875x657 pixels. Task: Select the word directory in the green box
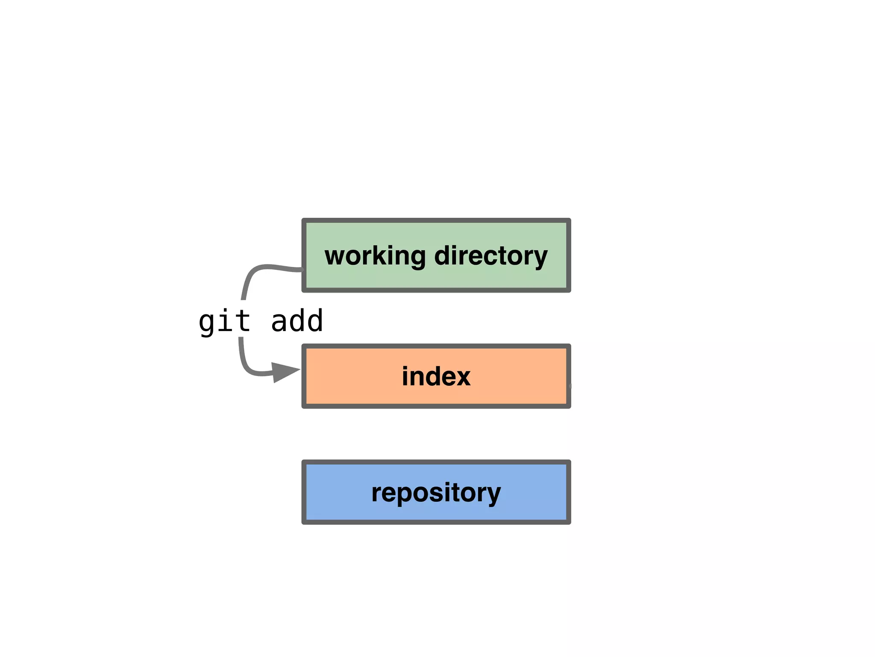coord(490,256)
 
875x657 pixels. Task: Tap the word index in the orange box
coord(436,376)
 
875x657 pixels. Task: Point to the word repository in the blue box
coord(436,493)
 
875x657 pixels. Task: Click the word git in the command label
coord(224,322)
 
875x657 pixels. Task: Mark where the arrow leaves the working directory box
coord(302,269)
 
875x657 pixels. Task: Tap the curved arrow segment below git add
coord(246,364)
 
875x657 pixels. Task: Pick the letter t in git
coord(243,321)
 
